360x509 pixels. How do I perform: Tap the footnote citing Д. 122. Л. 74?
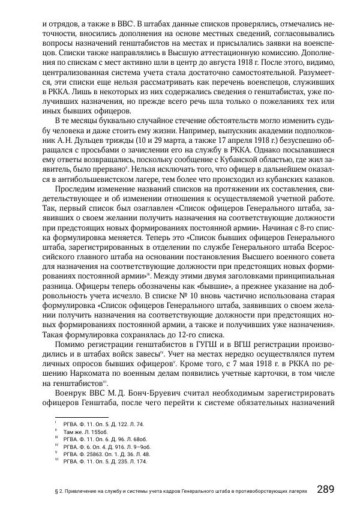[x=99, y=423]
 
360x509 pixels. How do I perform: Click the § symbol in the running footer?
[x=55, y=491]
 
